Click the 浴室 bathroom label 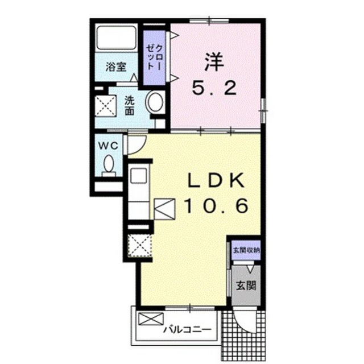pos(116,67)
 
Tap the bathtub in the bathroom pos(116,38)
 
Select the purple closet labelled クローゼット pos(154,57)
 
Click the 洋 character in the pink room pos(214,62)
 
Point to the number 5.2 pos(214,88)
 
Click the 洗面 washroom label pos(130,105)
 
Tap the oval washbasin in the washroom pos(155,102)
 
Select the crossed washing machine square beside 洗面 pos(106,106)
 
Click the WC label pos(109,146)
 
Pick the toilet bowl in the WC pos(109,166)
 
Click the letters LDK pos(216,181)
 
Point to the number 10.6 pos(216,206)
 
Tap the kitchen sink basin pos(138,176)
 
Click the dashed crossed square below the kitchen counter pos(140,245)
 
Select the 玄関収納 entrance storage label pos(246,250)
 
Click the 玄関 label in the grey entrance pos(246,286)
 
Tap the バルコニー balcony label pos(188,329)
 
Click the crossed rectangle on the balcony pos(151,318)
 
